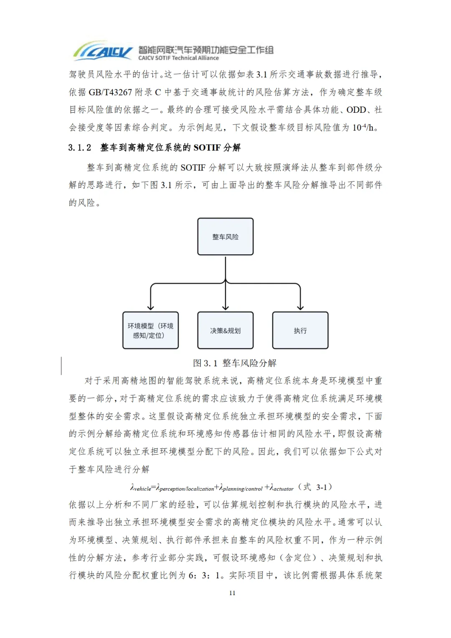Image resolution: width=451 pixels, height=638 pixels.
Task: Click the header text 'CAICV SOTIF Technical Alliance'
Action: [x=178, y=58]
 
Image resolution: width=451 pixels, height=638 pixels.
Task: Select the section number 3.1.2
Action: [x=79, y=147]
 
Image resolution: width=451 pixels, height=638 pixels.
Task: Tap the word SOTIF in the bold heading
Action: [x=207, y=147]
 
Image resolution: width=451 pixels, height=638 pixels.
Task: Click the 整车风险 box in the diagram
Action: [x=225, y=236]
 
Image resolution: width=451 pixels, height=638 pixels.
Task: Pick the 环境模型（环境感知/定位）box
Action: [x=150, y=330]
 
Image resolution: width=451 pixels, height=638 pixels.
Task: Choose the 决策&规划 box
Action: [x=225, y=330]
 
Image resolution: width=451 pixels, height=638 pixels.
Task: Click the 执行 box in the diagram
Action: [x=300, y=330]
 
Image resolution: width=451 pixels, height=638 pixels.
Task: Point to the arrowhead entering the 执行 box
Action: [x=300, y=308]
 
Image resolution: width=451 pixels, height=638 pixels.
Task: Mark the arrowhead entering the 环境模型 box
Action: [x=150, y=308]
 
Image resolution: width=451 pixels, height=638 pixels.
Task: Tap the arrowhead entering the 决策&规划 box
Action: [x=225, y=308]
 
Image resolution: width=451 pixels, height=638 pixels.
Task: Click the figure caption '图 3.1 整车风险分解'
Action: [x=235, y=363]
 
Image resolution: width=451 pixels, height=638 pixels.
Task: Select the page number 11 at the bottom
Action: [x=232, y=593]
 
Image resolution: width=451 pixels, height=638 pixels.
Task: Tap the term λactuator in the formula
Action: [x=281, y=488]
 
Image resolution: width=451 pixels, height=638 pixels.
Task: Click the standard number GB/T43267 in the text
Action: [x=110, y=92]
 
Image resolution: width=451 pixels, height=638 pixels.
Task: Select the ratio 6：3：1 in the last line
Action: [x=205, y=575]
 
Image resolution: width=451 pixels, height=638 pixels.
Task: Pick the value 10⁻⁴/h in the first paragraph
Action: [x=363, y=127]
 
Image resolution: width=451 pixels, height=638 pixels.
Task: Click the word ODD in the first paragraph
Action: [x=356, y=109]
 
